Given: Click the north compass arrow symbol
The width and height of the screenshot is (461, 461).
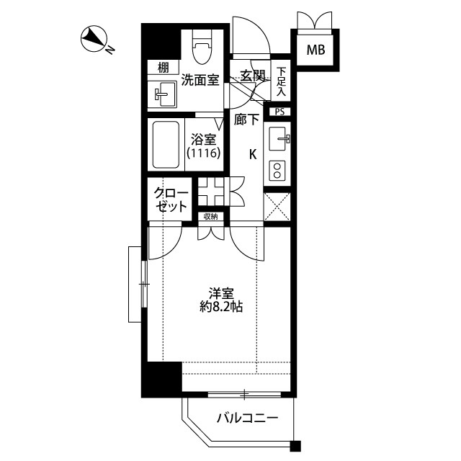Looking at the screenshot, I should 92,38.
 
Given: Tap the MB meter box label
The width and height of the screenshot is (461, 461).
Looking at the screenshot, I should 315,50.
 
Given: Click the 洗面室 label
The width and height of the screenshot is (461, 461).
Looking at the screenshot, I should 200,80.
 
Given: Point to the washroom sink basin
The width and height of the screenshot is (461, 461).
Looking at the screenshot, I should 164,94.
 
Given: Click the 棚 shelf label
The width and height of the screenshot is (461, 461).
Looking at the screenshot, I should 164,68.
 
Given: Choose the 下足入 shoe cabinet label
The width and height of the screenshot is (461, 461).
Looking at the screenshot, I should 281,82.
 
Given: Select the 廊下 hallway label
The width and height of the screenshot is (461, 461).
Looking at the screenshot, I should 246,120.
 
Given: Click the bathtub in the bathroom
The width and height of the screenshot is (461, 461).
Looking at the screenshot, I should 167,144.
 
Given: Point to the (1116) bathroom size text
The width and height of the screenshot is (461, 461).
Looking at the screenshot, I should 203,153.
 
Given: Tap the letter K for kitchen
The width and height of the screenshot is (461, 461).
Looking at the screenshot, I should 253,153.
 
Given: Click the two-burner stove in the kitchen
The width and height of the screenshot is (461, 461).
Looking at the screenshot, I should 278,170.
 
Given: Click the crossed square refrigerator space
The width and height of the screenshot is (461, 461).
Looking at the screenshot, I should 277,203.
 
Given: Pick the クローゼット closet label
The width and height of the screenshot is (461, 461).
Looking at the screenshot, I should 171,200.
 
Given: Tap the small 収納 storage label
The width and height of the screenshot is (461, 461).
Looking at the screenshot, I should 210,216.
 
